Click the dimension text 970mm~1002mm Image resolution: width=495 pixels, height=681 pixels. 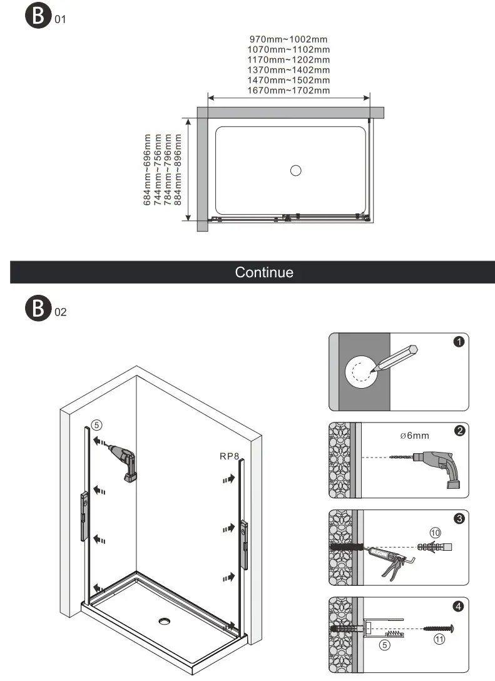coord(288,39)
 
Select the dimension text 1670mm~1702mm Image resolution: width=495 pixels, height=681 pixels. coord(288,91)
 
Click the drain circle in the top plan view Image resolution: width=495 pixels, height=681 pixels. coord(296,170)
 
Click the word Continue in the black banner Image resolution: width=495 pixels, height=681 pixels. coord(263,272)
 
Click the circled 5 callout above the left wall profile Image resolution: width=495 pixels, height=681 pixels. coord(96,424)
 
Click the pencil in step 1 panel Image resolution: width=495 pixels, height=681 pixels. coord(392,359)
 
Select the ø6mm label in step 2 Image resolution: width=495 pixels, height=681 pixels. coord(415,436)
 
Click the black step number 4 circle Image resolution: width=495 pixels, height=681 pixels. coord(459,606)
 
